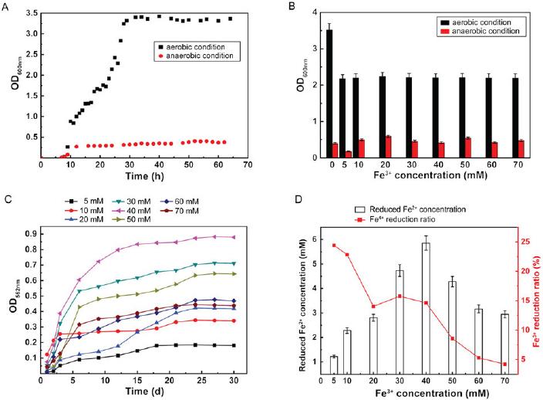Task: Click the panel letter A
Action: click(x=5, y=7)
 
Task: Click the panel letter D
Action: click(x=298, y=199)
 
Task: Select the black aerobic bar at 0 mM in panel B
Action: click(x=329, y=93)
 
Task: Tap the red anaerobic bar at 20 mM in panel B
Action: click(x=388, y=147)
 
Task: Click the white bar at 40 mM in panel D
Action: click(x=426, y=308)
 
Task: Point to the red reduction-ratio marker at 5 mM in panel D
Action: click(x=334, y=246)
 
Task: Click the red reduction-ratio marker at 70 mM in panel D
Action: click(x=504, y=364)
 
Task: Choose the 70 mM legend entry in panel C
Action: click(x=180, y=211)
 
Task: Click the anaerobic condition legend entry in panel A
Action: click(x=197, y=56)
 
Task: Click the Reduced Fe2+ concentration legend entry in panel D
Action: click(x=410, y=209)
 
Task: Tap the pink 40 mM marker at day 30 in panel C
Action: click(x=234, y=237)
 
